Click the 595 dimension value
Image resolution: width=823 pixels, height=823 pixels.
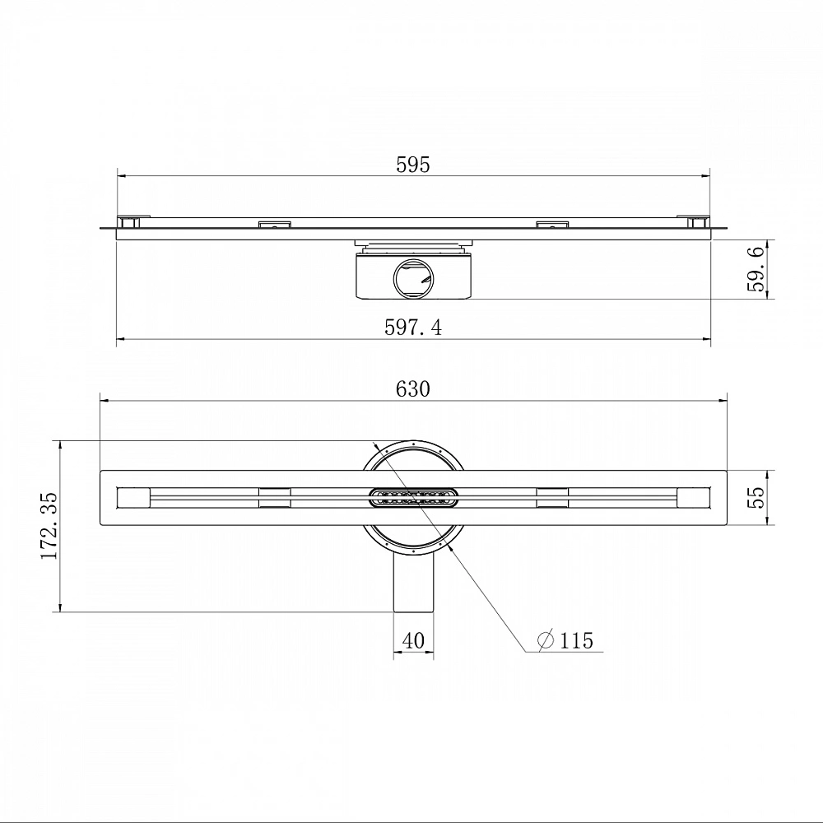pos(413,165)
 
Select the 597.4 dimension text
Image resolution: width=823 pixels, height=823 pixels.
pos(413,328)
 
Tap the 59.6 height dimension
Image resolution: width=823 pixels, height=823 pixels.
pos(756,269)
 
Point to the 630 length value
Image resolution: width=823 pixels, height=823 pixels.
pos(413,389)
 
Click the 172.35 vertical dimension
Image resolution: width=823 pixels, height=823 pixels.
pos(49,526)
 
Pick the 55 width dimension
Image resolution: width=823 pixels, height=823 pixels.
pos(756,498)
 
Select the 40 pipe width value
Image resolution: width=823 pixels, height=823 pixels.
pos(413,640)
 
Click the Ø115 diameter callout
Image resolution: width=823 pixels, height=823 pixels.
pos(566,640)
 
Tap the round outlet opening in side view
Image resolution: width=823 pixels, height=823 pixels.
pos(414,277)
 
